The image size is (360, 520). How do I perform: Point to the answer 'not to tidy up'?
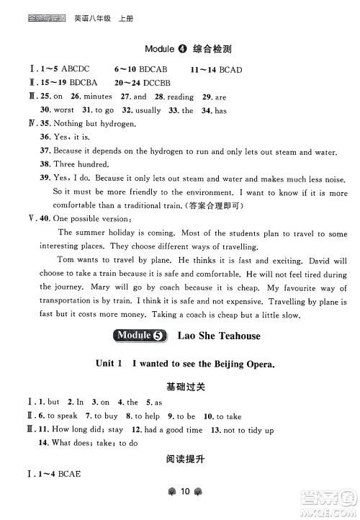coord(249,430)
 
